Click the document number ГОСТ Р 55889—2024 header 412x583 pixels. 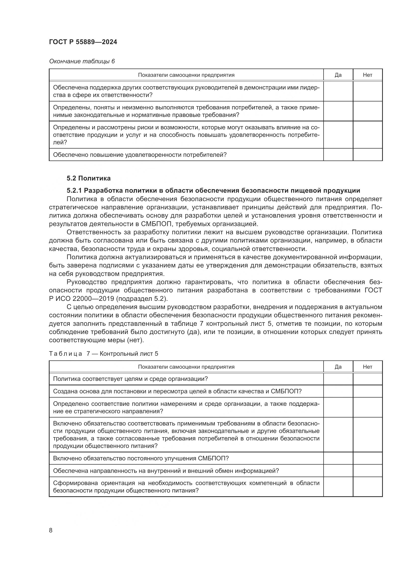83,42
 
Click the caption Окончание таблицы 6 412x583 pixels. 82,61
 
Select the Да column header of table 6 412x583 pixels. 338,75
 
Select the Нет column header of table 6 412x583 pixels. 367,75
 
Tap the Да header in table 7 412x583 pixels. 338,367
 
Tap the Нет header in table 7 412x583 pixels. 367,367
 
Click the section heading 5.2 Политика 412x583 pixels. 88,178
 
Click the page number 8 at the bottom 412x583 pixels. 51,530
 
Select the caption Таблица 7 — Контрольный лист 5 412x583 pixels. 103,353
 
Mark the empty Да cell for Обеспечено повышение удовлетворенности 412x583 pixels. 338,155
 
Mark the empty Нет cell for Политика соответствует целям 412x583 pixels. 367,379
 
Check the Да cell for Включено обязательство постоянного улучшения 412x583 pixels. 338,458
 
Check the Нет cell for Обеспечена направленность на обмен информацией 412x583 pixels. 367,471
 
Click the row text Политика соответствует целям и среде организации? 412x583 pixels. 130,379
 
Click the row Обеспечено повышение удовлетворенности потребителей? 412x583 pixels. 139,155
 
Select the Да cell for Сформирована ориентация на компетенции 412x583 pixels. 338,487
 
